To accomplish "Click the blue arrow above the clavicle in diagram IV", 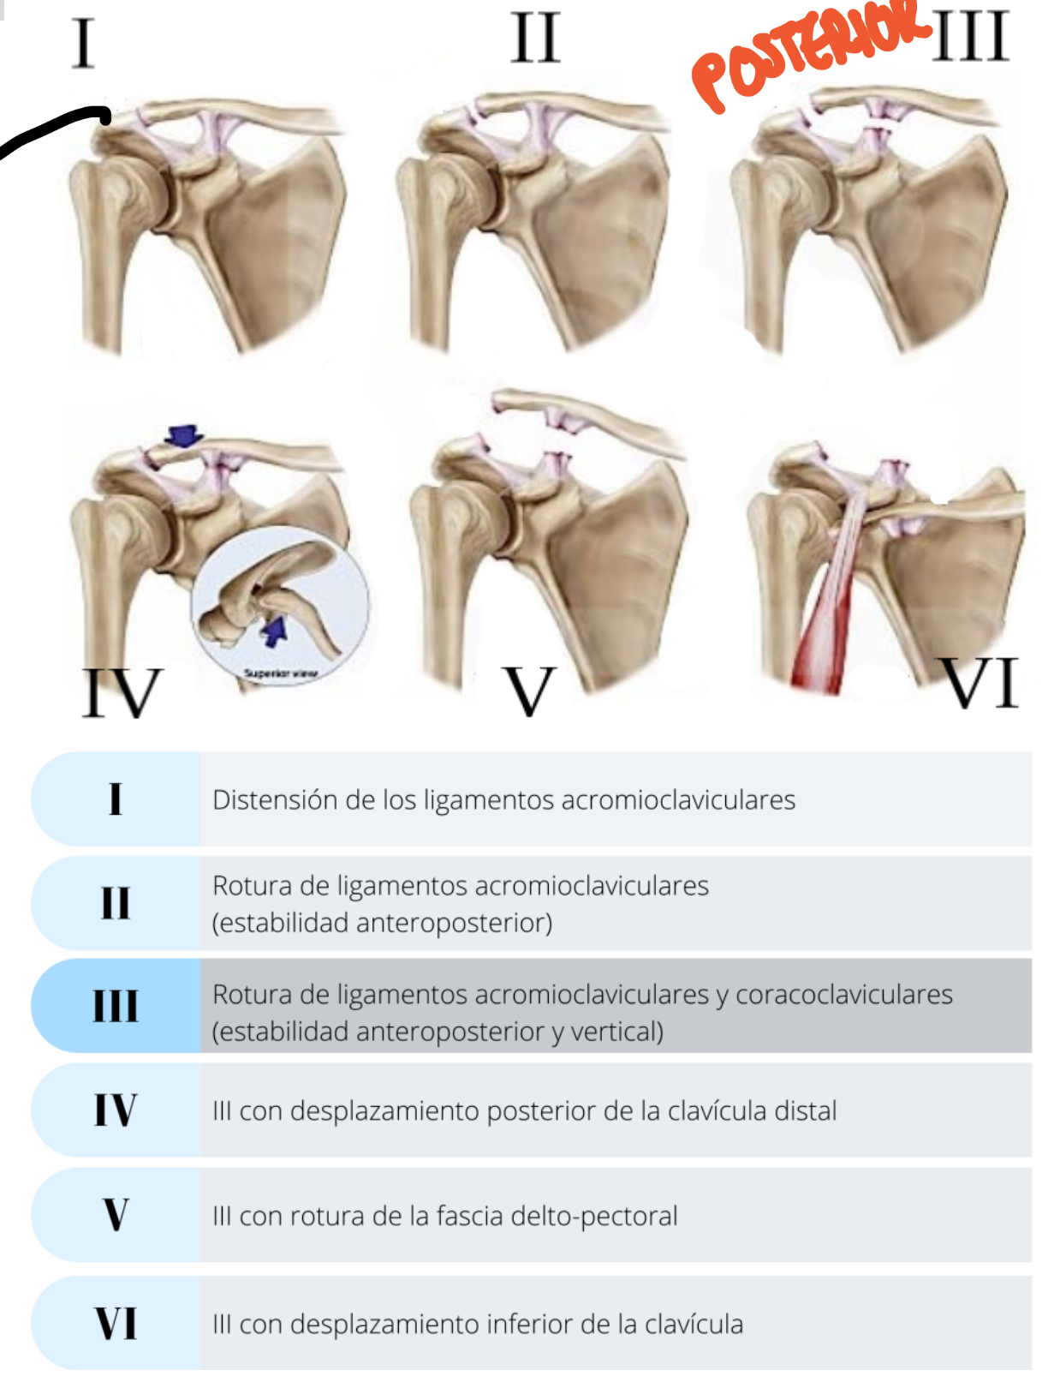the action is pyautogui.click(x=183, y=436).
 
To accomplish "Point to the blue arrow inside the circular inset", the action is pyautogui.click(x=274, y=631).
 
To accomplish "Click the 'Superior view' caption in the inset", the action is pyautogui.click(x=280, y=673).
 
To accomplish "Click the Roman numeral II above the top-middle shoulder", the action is pyautogui.click(x=536, y=39).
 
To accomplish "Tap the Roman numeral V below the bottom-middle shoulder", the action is pyautogui.click(x=530, y=691).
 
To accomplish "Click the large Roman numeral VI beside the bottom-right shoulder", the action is pyautogui.click(x=981, y=683).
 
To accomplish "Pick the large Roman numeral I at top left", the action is pyautogui.click(x=83, y=44).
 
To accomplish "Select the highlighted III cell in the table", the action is pyautogui.click(x=116, y=1006).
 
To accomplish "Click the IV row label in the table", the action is pyautogui.click(x=116, y=1110).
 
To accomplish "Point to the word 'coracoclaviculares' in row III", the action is pyautogui.click(x=843, y=994).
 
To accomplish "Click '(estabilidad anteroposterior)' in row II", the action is pyautogui.click(x=382, y=923).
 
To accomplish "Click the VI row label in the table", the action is pyautogui.click(x=116, y=1323).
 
